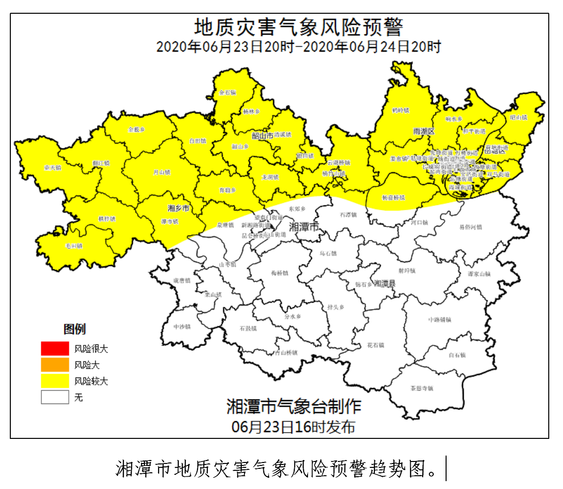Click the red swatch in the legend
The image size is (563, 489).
[55, 348]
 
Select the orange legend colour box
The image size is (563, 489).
[55, 365]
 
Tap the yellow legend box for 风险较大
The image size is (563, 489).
[55, 381]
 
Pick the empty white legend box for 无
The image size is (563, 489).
[55, 397]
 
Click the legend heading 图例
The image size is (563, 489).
[74, 329]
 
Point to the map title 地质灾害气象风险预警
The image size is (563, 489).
[299, 27]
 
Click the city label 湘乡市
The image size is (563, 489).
[179, 208]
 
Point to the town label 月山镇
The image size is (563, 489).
[161, 173]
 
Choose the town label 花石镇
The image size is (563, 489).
[375, 345]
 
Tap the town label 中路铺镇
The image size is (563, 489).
[439, 319]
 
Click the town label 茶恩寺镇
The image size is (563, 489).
[422, 388]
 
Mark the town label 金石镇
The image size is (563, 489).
[227, 92]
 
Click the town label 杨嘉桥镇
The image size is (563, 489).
[394, 198]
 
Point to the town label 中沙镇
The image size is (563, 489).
[182, 326]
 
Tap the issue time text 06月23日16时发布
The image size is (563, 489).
[293, 427]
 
